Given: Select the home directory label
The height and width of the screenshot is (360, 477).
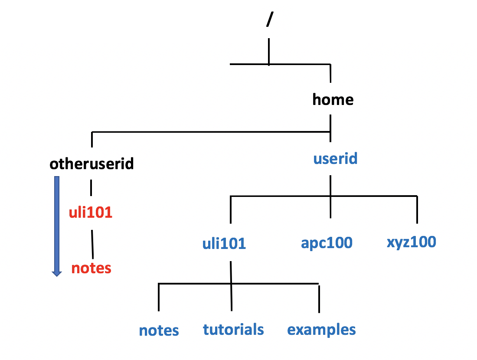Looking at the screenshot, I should pyautogui.click(x=333, y=100).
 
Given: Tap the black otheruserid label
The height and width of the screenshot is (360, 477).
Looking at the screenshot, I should pyautogui.click(x=91, y=164).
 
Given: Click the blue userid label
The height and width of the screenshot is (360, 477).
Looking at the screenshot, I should pyautogui.click(x=335, y=158).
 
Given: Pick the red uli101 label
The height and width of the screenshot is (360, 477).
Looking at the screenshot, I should pyautogui.click(x=91, y=213).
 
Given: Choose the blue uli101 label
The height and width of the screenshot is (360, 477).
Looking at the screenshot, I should pyautogui.click(x=224, y=243).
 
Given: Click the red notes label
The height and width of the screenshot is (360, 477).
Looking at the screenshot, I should pyautogui.click(x=91, y=268).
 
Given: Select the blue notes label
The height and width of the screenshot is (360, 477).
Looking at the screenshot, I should pyautogui.click(x=159, y=331).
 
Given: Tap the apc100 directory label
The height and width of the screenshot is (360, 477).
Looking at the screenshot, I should pyautogui.click(x=327, y=243).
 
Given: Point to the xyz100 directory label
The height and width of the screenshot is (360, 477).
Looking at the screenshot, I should pyautogui.click(x=411, y=242).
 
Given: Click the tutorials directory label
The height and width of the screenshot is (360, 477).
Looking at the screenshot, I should pyautogui.click(x=233, y=329).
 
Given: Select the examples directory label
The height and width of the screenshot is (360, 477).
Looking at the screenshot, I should pyautogui.click(x=321, y=330).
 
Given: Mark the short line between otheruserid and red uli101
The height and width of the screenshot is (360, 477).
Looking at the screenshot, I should pyautogui.click(x=91, y=188).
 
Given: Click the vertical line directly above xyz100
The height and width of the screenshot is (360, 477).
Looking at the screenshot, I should pyautogui.click(x=417, y=210).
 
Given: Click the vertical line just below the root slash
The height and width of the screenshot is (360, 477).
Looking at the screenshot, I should pyautogui.click(x=269, y=52).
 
